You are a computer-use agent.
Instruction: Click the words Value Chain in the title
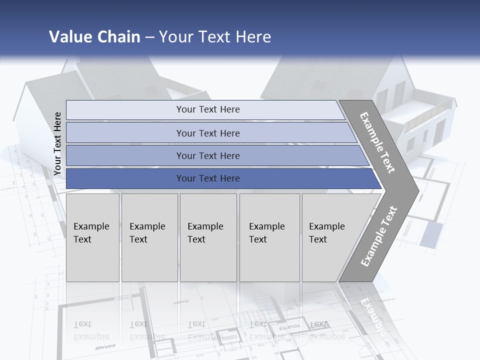click(94, 37)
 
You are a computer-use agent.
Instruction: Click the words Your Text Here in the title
click(215, 37)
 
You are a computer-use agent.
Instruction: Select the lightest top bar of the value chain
click(125, 110)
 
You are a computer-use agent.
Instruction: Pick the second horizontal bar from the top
click(125, 133)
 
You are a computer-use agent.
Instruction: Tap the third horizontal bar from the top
click(125, 156)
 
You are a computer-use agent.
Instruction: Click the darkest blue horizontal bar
click(125, 178)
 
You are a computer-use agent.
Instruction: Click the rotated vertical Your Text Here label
click(57, 143)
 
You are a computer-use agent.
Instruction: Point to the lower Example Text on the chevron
click(378, 236)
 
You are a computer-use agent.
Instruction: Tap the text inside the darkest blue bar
click(208, 178)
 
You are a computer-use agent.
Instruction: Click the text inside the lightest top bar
click(208, 109)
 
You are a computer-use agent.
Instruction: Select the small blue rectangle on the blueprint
click(431, 234)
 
